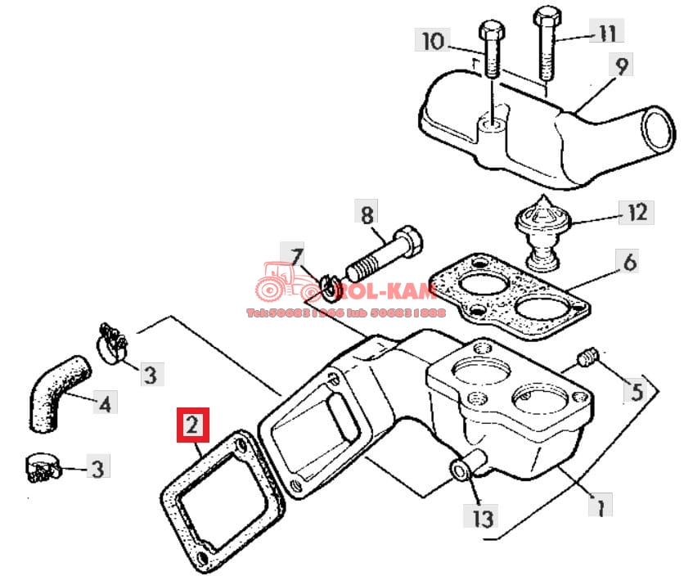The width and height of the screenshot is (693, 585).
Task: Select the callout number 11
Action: click(x=606, y=34)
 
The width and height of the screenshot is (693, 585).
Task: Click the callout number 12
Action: click(x=637, y=214)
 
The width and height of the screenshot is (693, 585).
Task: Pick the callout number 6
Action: click(x=629, y=263)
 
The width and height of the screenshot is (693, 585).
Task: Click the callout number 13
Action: click(x=483, y=517)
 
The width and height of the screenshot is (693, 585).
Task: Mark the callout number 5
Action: click(x=637, y=393)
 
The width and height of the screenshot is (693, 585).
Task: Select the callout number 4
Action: click(x=104, y=403)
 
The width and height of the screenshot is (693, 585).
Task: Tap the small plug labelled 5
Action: click(x=587, y=358)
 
